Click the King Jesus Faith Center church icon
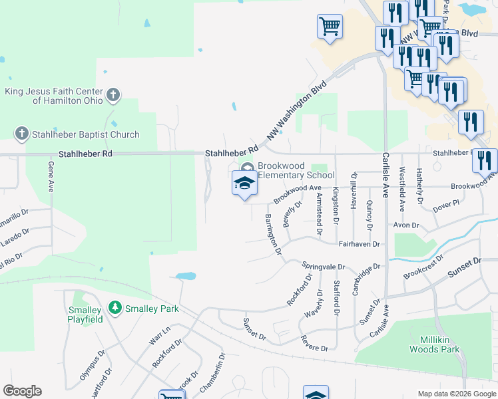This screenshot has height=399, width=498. click(x=113, y=94)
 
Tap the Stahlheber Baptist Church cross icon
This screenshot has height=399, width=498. click(x=21, y=134)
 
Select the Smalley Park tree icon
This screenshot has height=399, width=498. click(x=116, y=308)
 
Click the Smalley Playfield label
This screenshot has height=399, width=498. click(x=85, y=315)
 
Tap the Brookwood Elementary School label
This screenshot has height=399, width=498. click(x=296, y=170)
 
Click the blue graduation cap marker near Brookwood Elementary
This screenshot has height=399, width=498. click(x=244, y=183)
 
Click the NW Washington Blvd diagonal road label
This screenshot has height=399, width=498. click(x=298, y=110)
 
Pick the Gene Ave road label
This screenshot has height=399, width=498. click(x=51, y=176)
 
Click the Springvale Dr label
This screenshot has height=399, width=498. click(x=324, y=266)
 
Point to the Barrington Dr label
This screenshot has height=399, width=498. click(x=274, y=235)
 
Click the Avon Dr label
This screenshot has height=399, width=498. click(x=405, y=225)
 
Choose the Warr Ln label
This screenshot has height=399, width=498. click(x=160, y=334)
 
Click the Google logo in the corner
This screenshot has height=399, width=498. click(x=22, y=391)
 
